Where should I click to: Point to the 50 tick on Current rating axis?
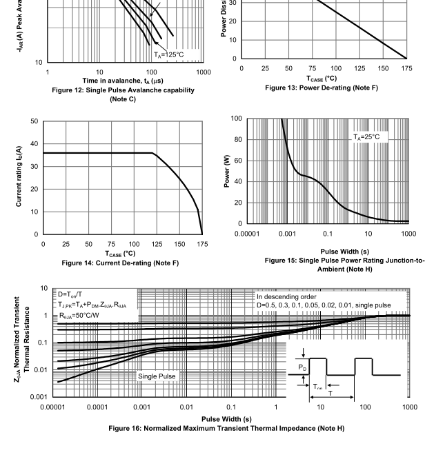pyautogui.click(x=34, y=121)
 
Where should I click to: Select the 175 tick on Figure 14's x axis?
pyautogui.click(x=201, y=244)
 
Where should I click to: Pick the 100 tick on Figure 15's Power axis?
pyautogui.click(x=237, y=119)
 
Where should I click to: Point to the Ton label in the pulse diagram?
pyautogui.click(x=316, y=387)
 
